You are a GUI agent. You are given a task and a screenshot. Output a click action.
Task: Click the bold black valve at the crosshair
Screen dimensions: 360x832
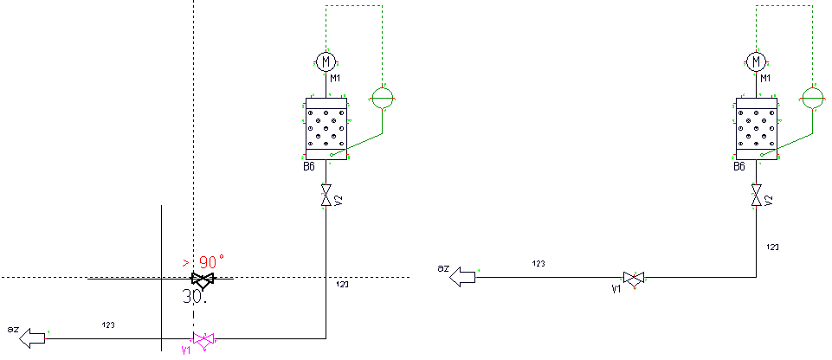point(203,280)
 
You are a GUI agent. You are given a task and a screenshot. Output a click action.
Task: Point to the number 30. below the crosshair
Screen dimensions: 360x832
point(194,296)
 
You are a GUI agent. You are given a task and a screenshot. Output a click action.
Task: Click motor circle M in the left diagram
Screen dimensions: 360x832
point(326,61)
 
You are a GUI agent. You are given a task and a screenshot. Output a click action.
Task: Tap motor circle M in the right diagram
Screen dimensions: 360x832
point(758,61)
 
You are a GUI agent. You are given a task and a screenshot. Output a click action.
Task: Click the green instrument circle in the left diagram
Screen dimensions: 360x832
point(381,97)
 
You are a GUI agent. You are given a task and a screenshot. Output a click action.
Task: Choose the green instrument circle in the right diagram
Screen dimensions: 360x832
point(812,97)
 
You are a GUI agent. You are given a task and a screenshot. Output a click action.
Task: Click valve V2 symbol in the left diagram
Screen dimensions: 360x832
point(326,196)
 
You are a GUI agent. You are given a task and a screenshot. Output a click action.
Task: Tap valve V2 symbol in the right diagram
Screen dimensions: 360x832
point(757,196)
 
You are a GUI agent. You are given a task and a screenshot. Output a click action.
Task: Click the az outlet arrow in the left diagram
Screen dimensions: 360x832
point(32,337)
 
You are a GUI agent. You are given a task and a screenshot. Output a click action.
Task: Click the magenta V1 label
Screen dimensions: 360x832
point(185,350)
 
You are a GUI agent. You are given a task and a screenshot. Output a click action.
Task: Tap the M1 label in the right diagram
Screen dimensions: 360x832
point(766,79)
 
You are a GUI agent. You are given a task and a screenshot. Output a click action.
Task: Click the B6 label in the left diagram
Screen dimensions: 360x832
point(309,166)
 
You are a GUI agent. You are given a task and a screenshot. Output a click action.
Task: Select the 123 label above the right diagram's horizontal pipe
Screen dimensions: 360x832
point(539,264)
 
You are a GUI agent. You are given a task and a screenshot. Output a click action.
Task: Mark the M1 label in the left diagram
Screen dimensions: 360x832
point(335,79)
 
